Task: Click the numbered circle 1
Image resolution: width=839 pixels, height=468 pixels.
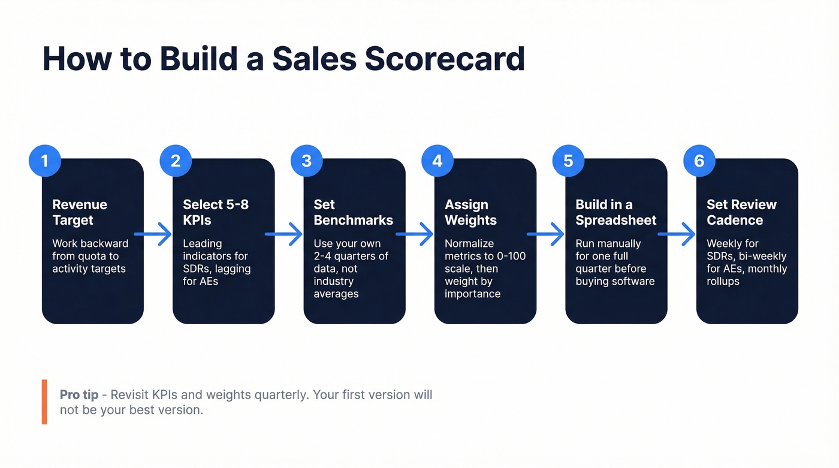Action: click(44, 161)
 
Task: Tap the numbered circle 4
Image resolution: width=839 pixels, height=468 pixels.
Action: click(437, 161)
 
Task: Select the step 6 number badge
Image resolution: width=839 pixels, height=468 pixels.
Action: click(699, 161)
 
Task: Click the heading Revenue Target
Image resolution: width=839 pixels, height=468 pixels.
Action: click(80, 212)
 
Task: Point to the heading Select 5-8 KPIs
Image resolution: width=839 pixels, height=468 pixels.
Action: click(215, 212)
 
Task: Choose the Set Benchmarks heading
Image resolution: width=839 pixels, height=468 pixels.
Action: click(353, 212)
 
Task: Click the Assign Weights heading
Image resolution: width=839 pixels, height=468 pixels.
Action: click(470, 212)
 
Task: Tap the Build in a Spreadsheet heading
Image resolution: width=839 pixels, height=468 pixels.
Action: click(615, 212)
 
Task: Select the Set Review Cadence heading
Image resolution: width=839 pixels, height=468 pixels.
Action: click(741, 212)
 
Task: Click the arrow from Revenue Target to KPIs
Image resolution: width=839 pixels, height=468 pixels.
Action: click(153, 234)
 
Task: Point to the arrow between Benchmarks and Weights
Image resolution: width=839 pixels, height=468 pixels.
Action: click(415, 234)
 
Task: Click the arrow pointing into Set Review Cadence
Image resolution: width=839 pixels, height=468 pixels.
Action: click(677, 234)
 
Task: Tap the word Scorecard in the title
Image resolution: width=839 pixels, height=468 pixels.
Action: click(444, 59)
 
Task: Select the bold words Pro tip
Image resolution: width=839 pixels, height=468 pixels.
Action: click(79, 395)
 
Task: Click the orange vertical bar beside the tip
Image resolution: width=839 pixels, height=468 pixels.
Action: click(44, 401)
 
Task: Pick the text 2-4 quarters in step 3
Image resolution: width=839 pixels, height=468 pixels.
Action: click(351, 256)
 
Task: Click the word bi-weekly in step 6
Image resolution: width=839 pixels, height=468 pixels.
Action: click(762, 256)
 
